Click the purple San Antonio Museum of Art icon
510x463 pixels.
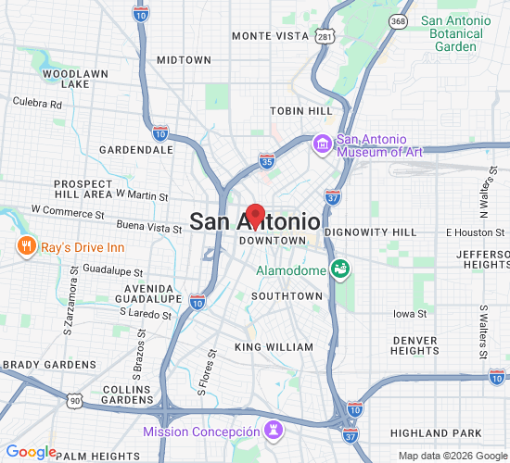(323, 144)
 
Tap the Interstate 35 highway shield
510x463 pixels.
(266, 161)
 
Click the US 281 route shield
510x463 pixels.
(324, 35)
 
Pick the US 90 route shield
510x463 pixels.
(73, 399)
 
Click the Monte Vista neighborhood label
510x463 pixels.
(270, 35)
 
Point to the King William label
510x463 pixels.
(274, 347)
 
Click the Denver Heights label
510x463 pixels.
(414, 345)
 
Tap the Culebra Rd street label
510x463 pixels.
(36, 105)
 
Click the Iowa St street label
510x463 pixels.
(408, 314)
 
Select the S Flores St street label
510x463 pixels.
(204, 368)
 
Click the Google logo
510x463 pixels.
(31, 452)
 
